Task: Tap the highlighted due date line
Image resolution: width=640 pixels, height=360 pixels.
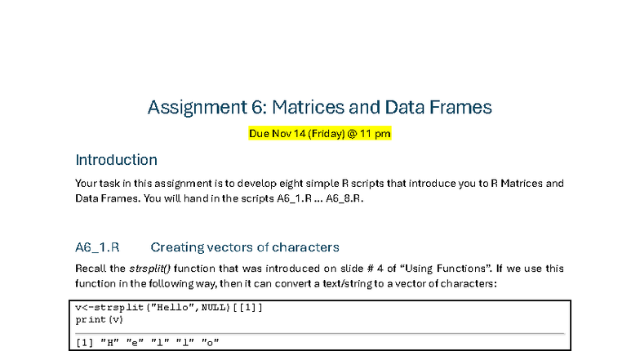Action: [319, 133]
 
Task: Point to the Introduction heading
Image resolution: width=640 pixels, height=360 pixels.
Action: [116, 160]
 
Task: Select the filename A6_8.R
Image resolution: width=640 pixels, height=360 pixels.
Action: [344, 198]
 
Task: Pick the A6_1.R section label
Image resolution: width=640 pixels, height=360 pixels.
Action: [97, 247]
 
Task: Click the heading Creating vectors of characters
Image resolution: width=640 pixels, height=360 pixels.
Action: [245, 247]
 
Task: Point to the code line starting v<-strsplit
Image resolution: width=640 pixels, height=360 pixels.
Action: [169, 308]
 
